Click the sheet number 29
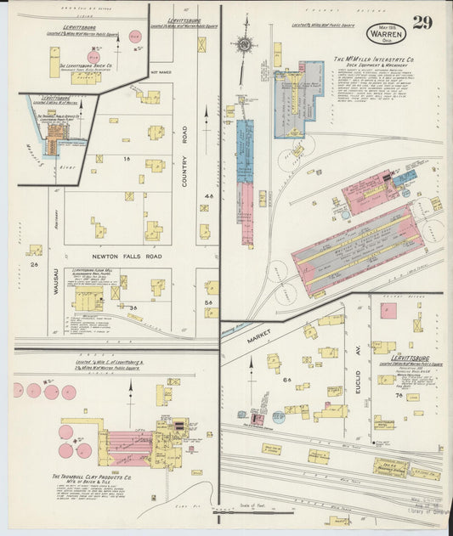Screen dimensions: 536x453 (422, 22)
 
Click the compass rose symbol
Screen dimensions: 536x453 (245, 44)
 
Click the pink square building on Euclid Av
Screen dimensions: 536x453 (388, 310)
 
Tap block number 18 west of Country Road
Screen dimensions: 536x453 (127, 158)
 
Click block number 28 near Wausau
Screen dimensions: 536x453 (34, 264)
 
